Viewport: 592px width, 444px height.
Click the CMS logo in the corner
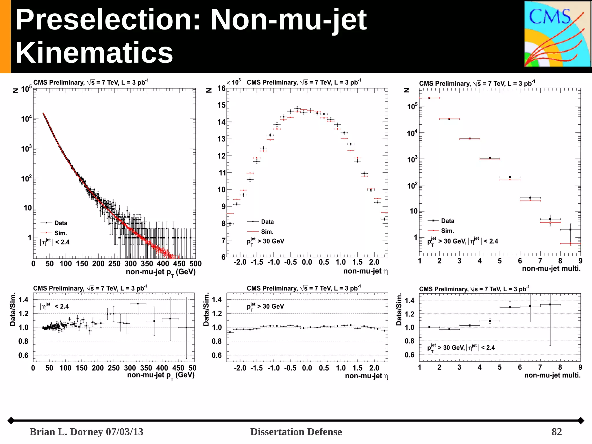(557, 34)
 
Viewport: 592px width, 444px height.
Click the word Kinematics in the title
(94, 53)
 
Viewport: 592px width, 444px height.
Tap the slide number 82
(556, 432)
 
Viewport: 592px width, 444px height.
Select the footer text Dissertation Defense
(296, 432)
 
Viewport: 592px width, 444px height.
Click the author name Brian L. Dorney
(66, 432)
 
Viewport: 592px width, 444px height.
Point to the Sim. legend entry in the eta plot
(267, 232)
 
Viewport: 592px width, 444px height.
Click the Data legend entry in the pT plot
(60, 223)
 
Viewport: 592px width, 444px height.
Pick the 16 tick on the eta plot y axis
(221, 88)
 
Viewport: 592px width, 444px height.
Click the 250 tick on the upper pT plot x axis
(114, 264)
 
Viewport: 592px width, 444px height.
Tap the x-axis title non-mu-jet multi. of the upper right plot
(551, 268)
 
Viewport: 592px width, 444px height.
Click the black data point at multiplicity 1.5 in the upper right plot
(429, 98)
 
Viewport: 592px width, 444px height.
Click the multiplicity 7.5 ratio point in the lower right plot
(550, 305)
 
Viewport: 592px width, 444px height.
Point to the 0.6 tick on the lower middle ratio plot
(217, 355)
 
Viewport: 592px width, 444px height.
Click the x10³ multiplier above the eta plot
(234, 82)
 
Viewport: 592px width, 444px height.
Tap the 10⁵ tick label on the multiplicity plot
(412, 106)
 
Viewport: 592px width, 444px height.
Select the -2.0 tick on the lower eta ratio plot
(240, 368)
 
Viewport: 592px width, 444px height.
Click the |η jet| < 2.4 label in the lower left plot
(54, 306)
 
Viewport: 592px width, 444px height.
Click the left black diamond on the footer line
(11, 421)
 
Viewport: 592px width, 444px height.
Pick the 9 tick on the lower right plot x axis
(580, 367)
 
